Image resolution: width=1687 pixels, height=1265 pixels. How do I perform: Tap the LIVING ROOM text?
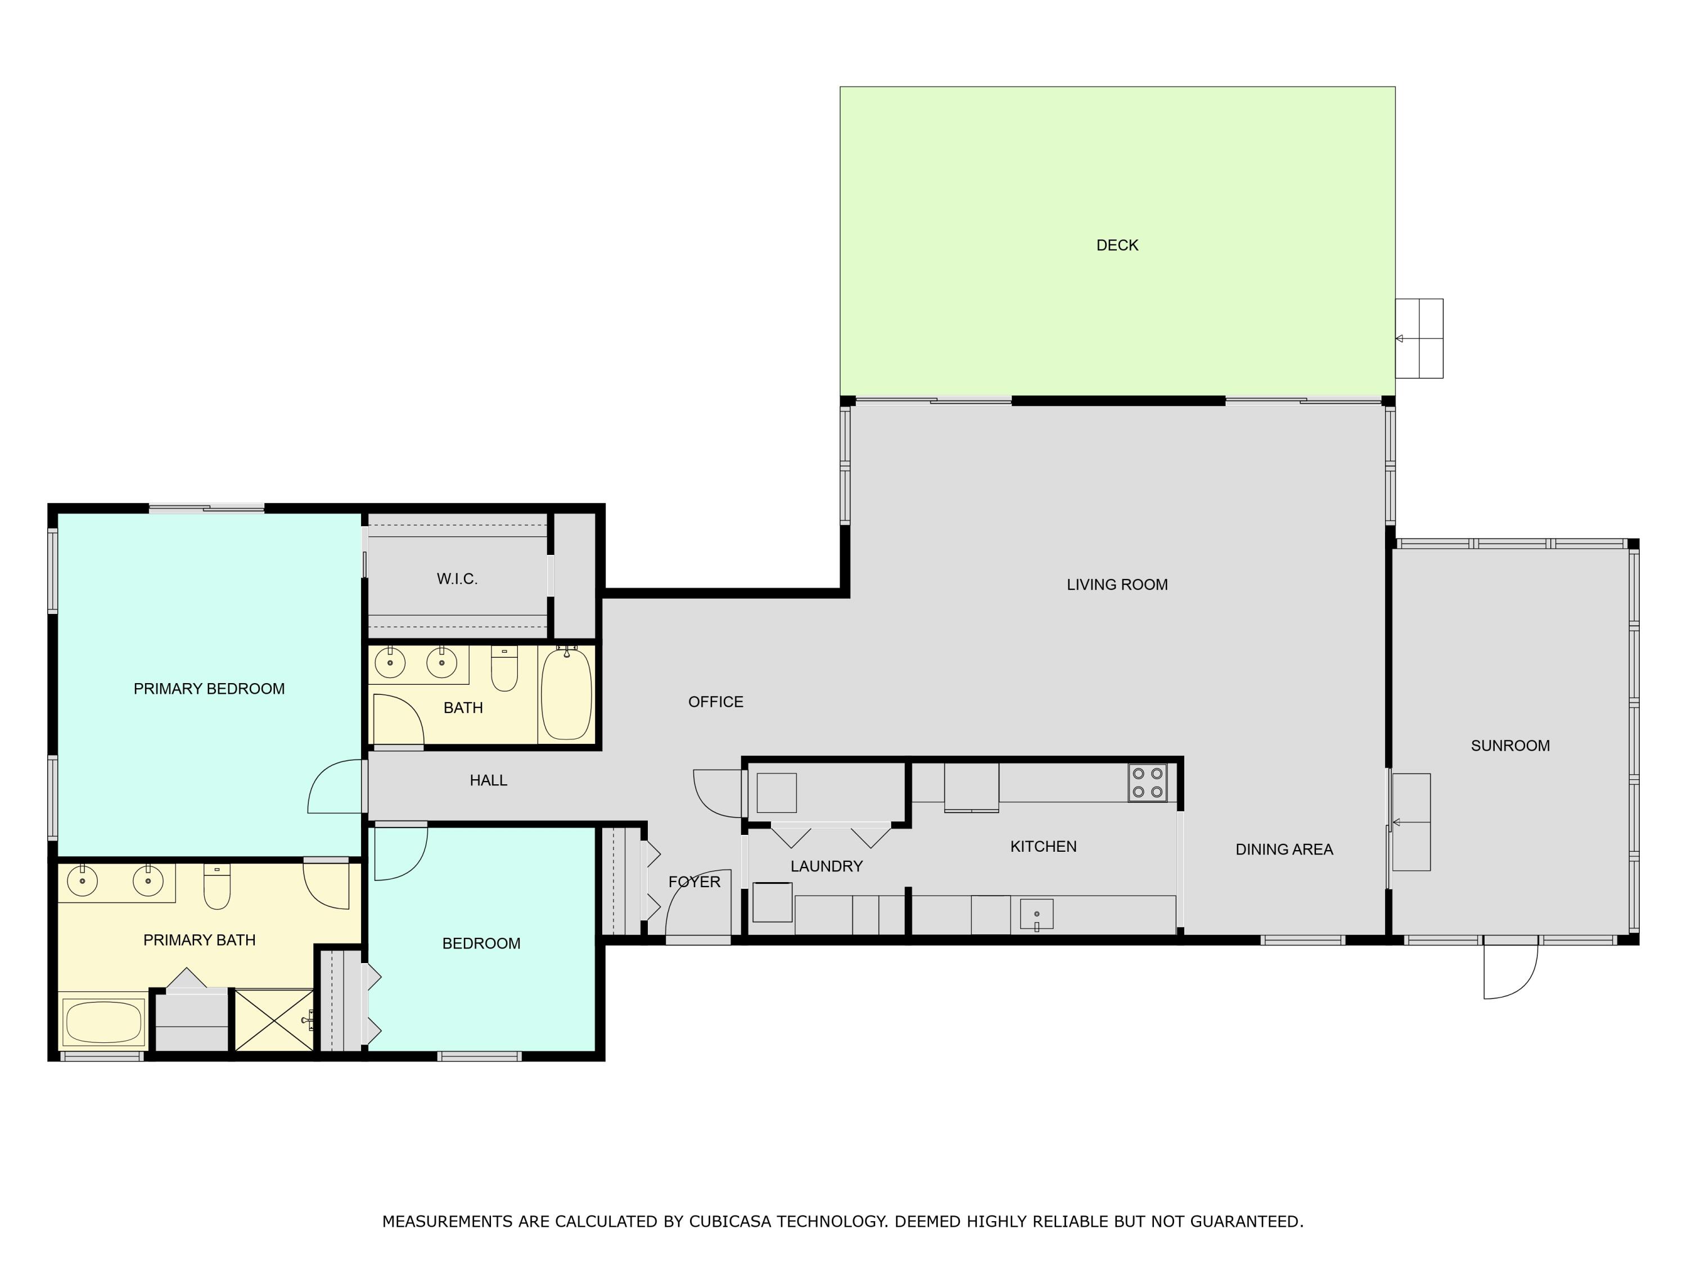click(1117, 585)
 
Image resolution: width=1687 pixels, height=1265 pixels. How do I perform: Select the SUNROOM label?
click(1510, 746)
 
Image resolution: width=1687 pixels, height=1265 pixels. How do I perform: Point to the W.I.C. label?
click(457, 579)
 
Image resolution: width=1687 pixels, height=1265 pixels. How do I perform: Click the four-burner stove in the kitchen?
click(1148, 783)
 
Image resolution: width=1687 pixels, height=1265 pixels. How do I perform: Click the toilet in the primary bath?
click(218, 886)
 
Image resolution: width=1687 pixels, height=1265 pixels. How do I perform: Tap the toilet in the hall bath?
click(504, 668)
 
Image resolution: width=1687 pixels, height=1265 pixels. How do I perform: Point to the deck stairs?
click(1419, 338)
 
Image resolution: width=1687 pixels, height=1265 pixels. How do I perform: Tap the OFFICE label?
click(715, 702)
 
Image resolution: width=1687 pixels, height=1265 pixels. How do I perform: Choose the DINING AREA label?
click(1284, 850)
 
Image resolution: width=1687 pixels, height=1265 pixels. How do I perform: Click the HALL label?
click(488, 780)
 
